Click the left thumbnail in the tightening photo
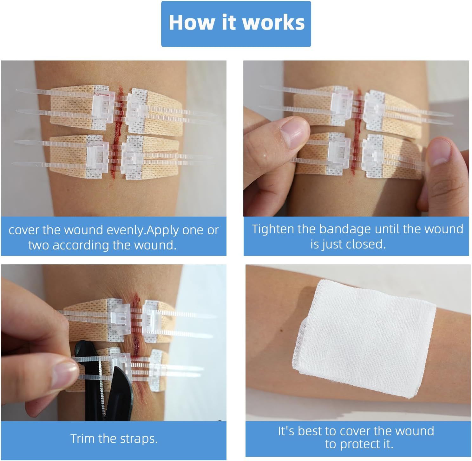[x=293, y=131]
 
